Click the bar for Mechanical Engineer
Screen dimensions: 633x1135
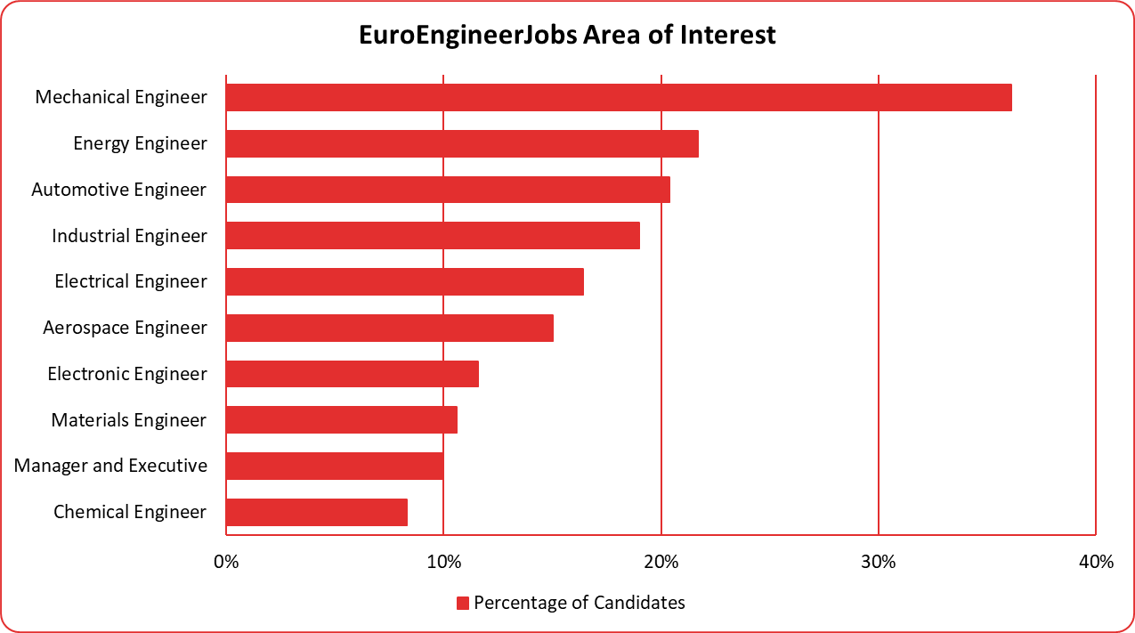pos(619,97)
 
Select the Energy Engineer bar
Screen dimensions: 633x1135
pos(462,143)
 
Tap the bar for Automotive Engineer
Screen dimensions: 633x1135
pos(448,190)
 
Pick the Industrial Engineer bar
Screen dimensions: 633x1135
pos(433,236)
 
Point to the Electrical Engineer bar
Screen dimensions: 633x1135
pos(405,281)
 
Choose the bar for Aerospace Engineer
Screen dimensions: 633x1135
pos(390,328)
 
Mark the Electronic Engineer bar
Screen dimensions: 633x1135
pos(353,374)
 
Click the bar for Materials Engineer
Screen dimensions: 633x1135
pos(342,420)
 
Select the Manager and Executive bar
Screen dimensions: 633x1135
pos(335,466)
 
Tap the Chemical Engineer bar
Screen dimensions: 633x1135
pos(317,512)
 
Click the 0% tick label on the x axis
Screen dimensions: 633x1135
pos(226,562)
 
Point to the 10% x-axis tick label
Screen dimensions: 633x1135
pos(443,562)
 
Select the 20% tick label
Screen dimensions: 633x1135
pos(661,562)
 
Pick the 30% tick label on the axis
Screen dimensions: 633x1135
pos(879,562)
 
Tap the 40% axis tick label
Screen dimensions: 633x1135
pos(1096,562)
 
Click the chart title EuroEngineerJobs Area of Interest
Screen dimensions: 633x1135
pos(567,35)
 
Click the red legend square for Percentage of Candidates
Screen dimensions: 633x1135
pos(462,604)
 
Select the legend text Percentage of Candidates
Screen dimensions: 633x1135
pos(580,603)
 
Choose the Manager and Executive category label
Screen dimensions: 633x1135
pos(110,466)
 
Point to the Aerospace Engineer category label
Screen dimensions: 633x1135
pos(125,328)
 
